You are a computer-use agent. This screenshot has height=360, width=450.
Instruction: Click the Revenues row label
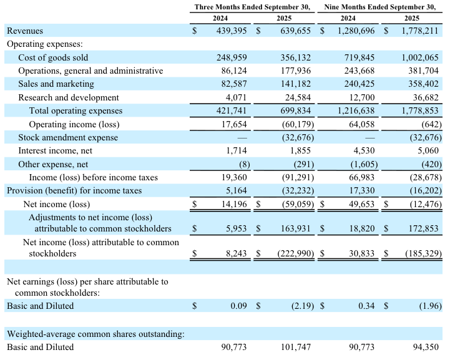(x=25, y=31)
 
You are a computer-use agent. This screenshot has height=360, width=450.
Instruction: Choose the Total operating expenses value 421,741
(x=230, y=111)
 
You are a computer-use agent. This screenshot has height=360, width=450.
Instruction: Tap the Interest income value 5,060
(x=426, y=151)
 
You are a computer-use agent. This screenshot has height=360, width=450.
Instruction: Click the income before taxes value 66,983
(x=360, y=178)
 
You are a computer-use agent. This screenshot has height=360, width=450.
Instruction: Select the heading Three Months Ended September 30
(x=252, y=7)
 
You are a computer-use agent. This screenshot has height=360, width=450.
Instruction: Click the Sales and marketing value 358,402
(x=421, y=84)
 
